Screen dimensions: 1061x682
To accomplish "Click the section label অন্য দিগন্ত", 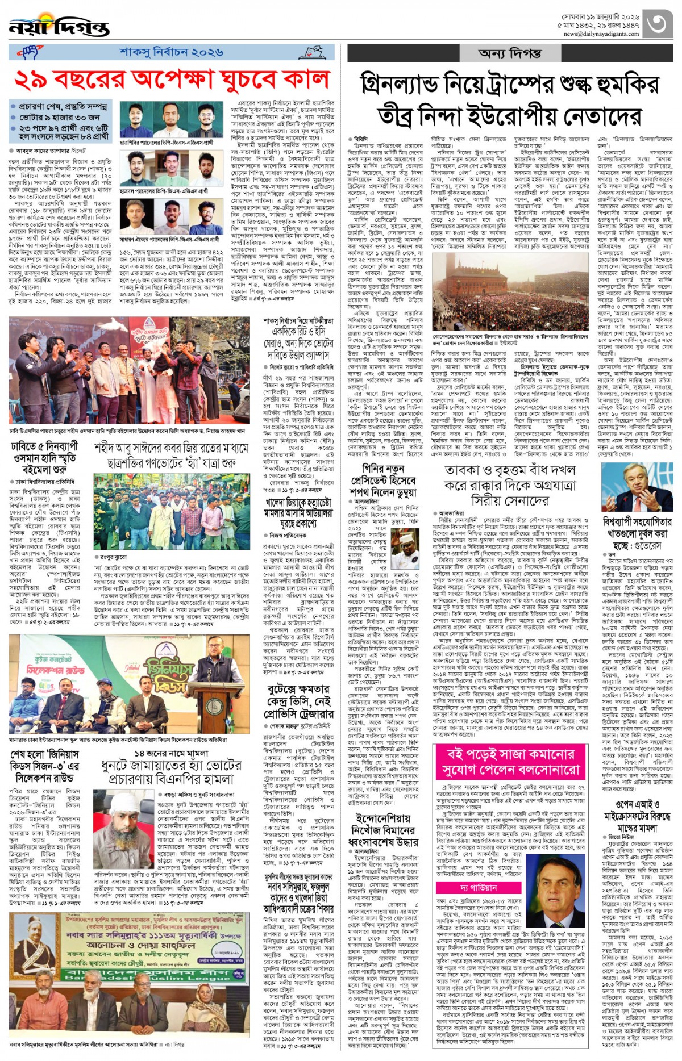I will [x=510, y=53].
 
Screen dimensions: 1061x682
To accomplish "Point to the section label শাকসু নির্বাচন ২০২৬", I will [x=170, y=52].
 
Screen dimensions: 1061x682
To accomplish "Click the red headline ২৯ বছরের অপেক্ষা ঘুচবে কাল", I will [x=172, y=80].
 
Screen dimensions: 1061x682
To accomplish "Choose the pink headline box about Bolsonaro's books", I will [x=510, y=762].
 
